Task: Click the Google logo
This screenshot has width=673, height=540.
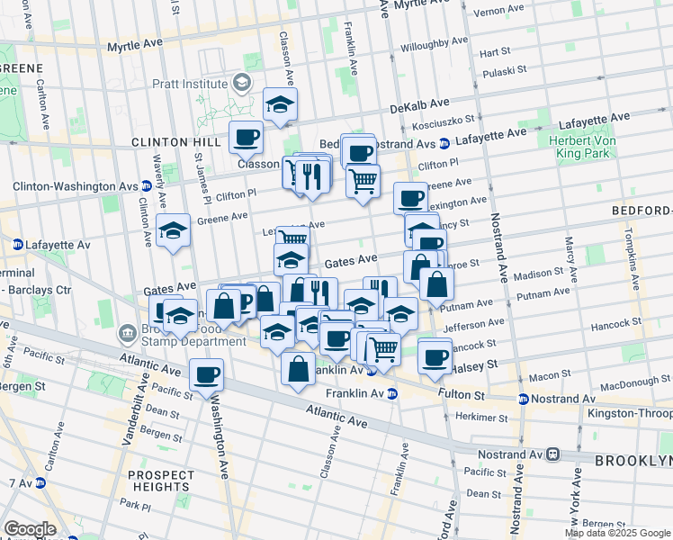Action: click(x=29, y=529)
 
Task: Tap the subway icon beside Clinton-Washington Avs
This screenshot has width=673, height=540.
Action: click(x=145, y=186)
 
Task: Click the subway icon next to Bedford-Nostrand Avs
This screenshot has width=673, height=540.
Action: click(x=444, y=143)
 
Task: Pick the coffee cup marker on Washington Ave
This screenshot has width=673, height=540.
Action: click(x=206, y=373)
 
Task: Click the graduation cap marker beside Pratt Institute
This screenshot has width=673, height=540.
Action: click(x=280, y=105)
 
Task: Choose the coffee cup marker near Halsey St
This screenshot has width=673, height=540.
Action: click(x=435, y=356)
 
